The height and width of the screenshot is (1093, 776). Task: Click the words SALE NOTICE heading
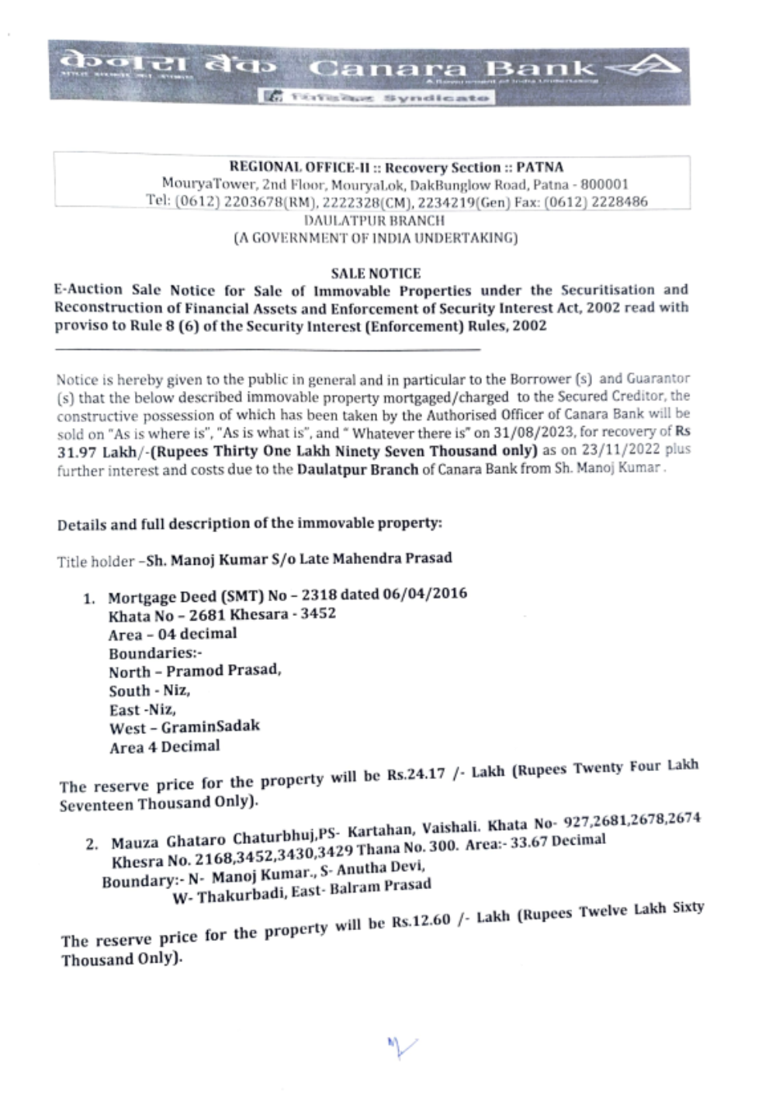tap(376, 273)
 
